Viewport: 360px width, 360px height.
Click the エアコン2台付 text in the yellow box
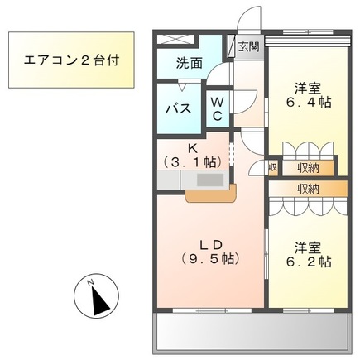(70, 60)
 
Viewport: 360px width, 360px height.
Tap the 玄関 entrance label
(248, 47)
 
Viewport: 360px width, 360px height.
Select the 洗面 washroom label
(189, 62)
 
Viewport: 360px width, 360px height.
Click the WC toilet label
(216, 108)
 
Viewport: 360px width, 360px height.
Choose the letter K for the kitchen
(192, 149)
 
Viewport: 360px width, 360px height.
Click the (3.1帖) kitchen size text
(192, 162)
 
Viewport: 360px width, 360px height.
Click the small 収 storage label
(272, 168)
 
